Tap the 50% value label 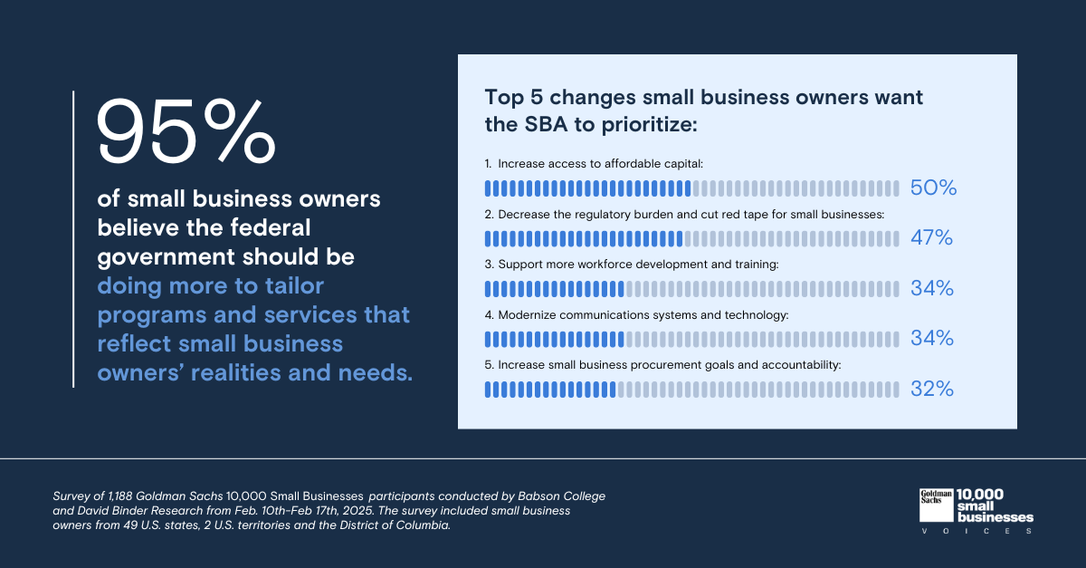coord(932,188)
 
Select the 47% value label coord(931,238)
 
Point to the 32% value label coord(931,390)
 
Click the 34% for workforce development coord(931,289)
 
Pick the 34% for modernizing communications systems coord(931,339)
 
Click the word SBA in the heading coord(540,125)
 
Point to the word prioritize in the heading coord(649,125)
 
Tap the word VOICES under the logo coord(976,531)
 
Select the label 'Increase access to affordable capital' coord(600,164)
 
